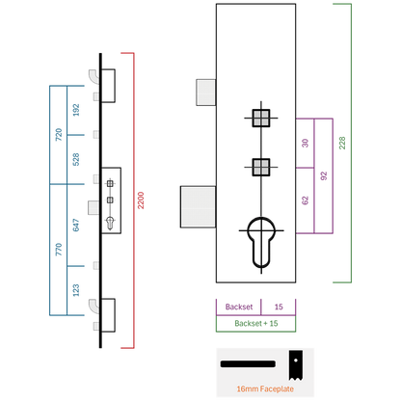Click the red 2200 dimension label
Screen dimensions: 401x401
tap(141, 200)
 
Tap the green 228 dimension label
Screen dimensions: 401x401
tap(342, 143)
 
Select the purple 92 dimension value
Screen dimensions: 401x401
tap(324, 175)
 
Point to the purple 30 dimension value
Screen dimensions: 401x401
tap(305, 143)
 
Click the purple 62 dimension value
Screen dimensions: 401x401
tap(305, 200)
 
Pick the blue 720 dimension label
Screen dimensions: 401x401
tap(59, 135)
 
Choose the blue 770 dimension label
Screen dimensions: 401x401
tap(59, 250)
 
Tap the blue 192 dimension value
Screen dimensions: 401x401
tap(76, 110)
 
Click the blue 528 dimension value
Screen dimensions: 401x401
tap(76, 159)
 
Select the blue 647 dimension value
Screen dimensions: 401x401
tap(76, 225)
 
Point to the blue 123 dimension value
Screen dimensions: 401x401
tap(76, 290)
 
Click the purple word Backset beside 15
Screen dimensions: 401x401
tap(239, 307)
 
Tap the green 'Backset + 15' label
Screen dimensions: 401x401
tap(256, 323)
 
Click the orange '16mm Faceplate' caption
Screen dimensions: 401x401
tap(265, 389)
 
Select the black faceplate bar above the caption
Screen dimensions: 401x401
tap(248, 364)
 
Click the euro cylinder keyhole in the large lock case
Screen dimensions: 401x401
tap(261, 242)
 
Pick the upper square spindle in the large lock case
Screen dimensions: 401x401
tap(261, 118)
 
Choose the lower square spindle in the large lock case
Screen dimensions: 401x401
tap(261, 167)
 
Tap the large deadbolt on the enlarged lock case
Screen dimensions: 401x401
tap(198, 207)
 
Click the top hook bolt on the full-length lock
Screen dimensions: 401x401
tap(94, 77)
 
